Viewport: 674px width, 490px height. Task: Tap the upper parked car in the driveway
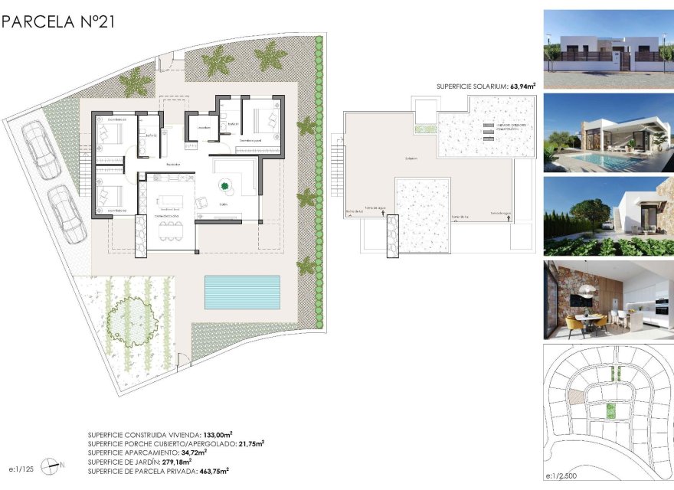pos(36,150)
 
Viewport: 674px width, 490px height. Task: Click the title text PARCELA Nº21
pos(58,21)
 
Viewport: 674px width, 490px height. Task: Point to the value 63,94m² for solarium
pos(519,87)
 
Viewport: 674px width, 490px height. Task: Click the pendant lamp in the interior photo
pos(588,291)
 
